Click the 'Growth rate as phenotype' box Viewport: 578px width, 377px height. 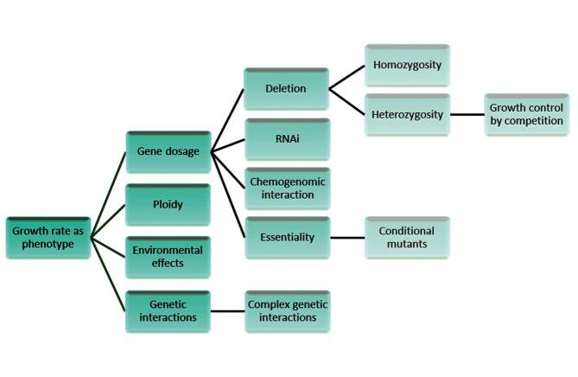[x=48, y=238]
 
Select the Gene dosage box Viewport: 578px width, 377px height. [x=168, y=152]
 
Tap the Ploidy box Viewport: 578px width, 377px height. [x=168, y=205]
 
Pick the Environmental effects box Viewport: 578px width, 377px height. [x=168, y=257]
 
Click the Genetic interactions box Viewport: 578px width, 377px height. [x=168, y=311]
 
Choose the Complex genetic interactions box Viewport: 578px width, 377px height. [x=287, y=311]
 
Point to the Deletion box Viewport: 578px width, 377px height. [x=287, y=88]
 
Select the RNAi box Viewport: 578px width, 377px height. [x=287, y=138]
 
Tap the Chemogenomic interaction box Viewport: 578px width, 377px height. [x=287, y=188]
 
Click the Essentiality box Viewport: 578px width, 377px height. [x=287, y=237]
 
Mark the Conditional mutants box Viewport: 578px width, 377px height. [x=406, y=237]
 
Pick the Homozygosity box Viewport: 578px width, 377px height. [x=406, y=66]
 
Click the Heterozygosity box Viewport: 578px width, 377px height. [x=406, y=114]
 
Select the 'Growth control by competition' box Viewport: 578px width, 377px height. [x=526, y=114]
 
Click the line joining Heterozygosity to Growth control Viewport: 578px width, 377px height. [x=467, y=114]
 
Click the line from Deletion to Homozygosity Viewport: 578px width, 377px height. [x=346, y=77]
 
